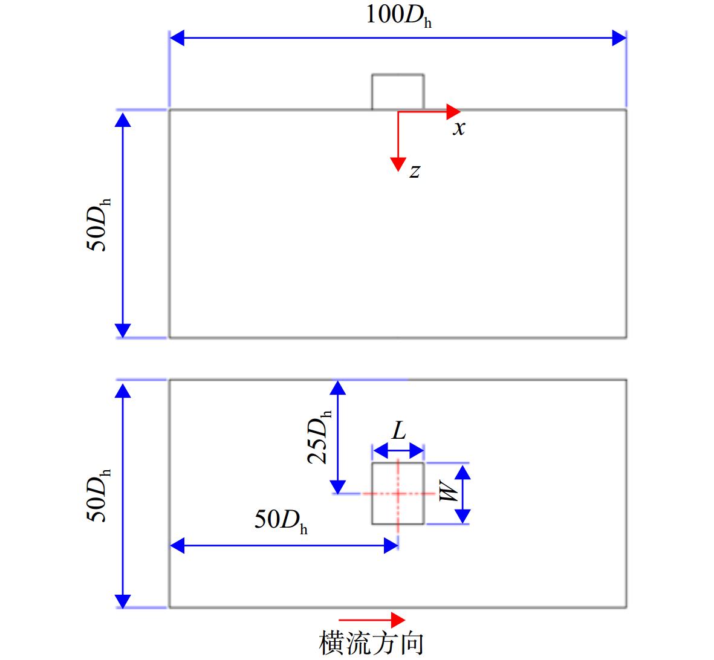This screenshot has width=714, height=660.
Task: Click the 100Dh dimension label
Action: [399, 16]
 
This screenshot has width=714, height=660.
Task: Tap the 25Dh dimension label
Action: [320, 438]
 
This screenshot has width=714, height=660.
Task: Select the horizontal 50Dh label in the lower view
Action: [281, 520]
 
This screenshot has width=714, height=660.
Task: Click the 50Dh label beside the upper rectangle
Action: [99, 225]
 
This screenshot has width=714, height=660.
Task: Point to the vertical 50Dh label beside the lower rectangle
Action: [99, 495]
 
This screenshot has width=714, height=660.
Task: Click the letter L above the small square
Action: [399, 430]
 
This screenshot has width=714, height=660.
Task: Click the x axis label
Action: [459, 128]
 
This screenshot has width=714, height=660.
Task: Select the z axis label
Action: [414, 170]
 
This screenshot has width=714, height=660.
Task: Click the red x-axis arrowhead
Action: [453, 112]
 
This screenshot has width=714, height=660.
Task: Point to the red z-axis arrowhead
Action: [398, 164]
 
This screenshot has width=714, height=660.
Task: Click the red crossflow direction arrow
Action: [372, 620]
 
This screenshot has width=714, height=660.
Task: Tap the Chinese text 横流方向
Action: [371, 642]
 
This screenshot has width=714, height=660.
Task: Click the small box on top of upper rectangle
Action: [398, 92]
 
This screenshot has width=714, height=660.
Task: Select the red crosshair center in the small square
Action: [398, 493]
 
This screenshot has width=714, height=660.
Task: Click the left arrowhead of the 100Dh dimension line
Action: [177, 38]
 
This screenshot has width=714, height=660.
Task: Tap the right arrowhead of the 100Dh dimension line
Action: [619, 38]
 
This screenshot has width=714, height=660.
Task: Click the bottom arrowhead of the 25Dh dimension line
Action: [338, 487]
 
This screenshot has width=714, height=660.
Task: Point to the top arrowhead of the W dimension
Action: [462, 472]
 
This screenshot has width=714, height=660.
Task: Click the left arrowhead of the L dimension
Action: [381, 451]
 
